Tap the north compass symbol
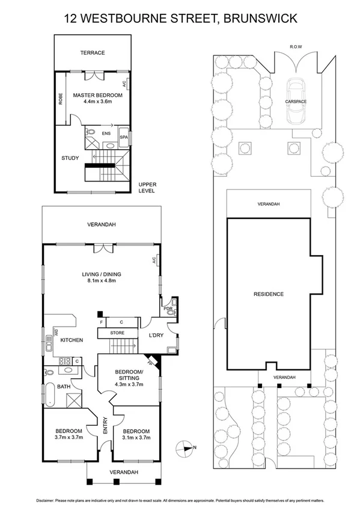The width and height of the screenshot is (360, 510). pos(185,447)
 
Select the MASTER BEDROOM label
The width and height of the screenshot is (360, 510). pos(97,95)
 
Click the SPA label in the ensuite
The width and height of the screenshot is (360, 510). pos(124,137)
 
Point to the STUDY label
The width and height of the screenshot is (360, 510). pos(70,158)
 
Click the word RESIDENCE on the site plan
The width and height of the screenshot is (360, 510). pos(268,294)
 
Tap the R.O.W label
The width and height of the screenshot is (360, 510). pos(296,46)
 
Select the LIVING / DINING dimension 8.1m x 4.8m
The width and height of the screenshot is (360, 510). pos(99,281)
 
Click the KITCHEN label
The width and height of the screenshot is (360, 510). pos(72,340)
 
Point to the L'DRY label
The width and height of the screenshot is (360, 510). pos(149,335)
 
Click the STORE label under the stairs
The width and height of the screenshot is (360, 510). pos(117,333)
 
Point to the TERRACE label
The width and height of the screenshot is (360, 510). pos(93,53)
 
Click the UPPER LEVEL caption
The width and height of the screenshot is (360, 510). pos(147,188)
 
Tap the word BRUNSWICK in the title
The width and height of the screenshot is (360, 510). pos(260,19)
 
